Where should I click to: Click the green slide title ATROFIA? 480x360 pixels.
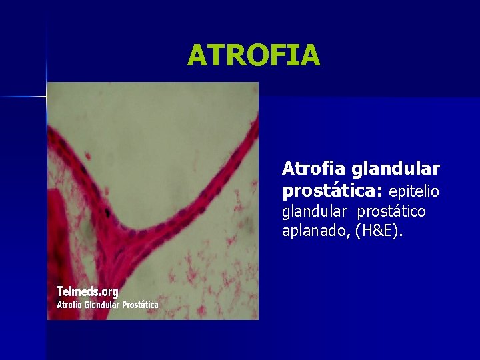(x=253, y=55)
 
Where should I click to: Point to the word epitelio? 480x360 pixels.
(x=414, y=192)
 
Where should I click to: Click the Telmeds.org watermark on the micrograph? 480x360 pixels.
(x=87, y=291)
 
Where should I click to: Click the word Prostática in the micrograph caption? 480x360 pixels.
(x=139, y=305)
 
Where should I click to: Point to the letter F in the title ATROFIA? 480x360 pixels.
(x=265, y=55)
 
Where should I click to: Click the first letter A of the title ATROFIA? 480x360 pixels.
(x=197, y=55)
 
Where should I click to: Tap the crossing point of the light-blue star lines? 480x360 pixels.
(x=47, y=97)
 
